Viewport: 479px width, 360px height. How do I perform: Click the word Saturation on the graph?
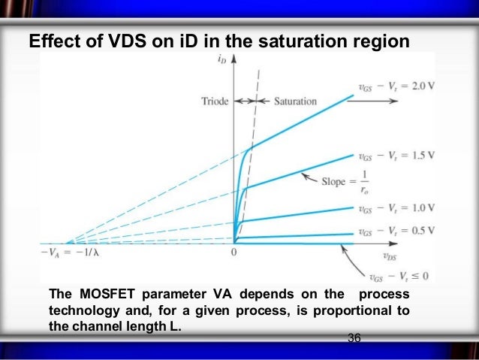(x=294, y=101)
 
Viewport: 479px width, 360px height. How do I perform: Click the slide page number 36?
(x=354, y=340)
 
